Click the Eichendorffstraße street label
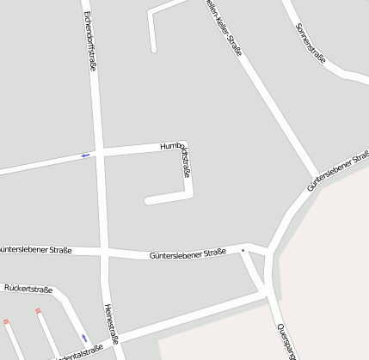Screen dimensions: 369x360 (90, 41)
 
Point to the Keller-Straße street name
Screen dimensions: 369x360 (226, 27)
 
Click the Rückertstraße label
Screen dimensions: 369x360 (28, 290)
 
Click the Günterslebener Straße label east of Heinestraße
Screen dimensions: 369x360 (187, 253)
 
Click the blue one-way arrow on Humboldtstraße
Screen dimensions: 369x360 (85, 155)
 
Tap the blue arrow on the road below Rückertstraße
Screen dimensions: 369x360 (83, 337)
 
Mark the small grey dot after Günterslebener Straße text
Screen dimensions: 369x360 (243, 251)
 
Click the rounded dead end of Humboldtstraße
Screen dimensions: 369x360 (148, 201)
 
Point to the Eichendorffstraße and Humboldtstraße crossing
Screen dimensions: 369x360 (100, 151)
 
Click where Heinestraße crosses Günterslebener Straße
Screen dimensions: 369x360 (106, 252)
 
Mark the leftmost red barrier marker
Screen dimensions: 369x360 (5, 322)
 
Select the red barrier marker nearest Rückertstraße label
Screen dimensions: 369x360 (38, 311)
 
